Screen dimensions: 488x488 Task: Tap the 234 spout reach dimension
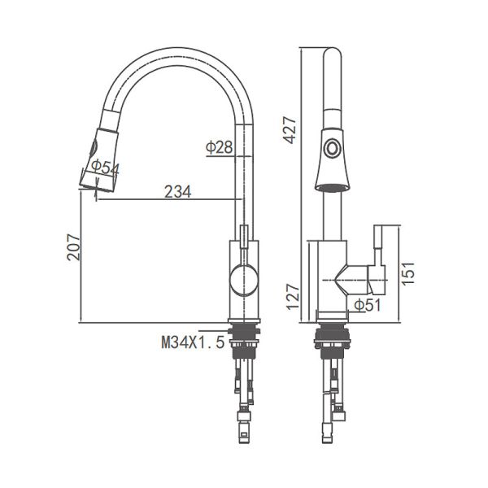177,192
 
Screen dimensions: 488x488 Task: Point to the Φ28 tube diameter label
220,147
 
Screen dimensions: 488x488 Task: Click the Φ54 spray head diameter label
106,168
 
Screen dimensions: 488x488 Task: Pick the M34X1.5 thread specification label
192,343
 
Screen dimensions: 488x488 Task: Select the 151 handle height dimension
410,272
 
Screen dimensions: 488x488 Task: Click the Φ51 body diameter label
368,305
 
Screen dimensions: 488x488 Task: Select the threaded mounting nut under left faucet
243,333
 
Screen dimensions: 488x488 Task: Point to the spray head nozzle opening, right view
330,186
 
